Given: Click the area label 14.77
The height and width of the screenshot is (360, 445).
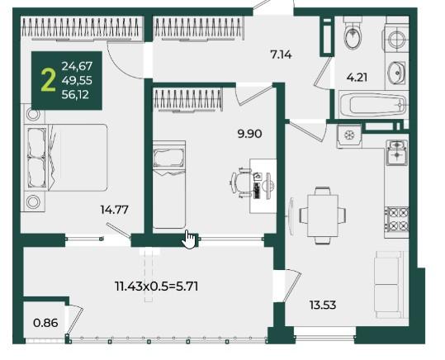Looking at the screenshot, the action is click(x=115, y=210).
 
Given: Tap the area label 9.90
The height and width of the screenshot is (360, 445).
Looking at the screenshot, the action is click(x=249, y=134).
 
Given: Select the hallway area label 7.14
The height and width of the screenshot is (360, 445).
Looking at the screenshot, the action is click(x=281, y=54).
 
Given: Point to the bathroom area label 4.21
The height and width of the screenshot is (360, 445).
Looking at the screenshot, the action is click(x=357, y=78).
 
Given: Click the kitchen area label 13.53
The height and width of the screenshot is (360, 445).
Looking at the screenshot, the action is click(x=323, y=306).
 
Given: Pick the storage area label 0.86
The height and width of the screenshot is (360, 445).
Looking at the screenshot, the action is click(x=45, y=323).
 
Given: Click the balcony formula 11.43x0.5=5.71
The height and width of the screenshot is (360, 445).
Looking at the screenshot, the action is click(x=157, y=286).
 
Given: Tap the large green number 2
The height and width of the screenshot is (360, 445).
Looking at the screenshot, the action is click(x=48, y=81).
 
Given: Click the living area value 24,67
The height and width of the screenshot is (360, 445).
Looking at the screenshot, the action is click(x=78, y=66).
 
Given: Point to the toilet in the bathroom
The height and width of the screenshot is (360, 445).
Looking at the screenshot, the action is click(x=353, y=34).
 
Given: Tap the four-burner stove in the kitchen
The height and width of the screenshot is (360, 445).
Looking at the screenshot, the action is click(x=397, y=219).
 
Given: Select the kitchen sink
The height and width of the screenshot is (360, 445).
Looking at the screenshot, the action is click(x=397, y=154).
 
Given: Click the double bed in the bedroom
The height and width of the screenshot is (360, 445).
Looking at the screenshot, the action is click(x=67, y=157).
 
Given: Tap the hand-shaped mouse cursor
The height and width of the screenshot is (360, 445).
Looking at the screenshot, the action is click(x=189, y=239).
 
